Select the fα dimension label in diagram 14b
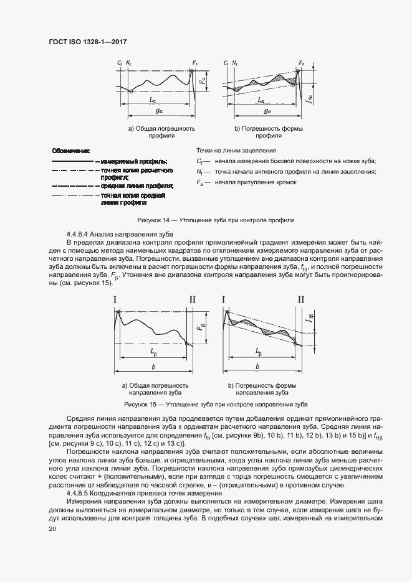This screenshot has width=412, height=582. point(309,96)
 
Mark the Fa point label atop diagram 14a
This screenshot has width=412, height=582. point(195,63)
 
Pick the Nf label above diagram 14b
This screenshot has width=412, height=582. point(235,63)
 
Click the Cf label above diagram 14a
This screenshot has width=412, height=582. point(120,63)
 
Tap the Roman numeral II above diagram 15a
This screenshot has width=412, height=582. point(192,300)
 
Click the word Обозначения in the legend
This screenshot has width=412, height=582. point(71,151)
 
